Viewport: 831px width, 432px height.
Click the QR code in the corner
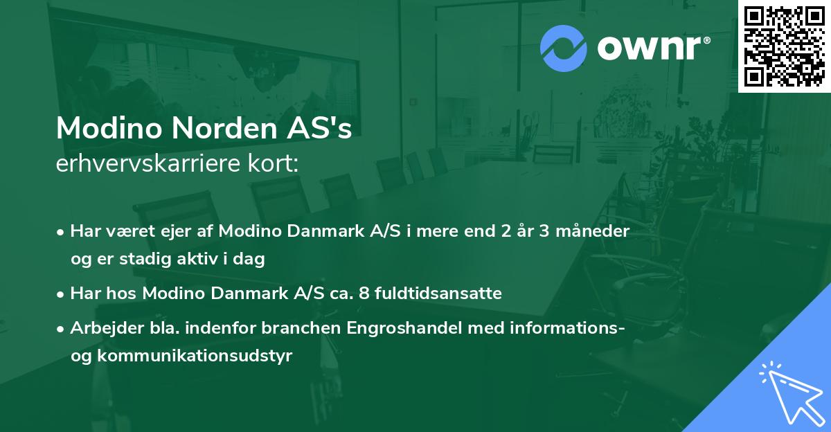[x=784, y=46]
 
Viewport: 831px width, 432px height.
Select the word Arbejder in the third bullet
[x=102, y=328]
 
